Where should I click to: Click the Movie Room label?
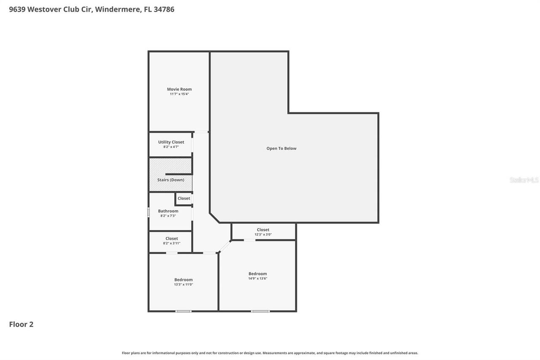(179, 89)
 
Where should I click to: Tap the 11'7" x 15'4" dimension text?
(179, 94)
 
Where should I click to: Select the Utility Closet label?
(171, 142)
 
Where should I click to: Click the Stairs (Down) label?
(171, 180)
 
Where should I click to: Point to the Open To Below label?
(281, 149)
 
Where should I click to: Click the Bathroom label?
(168, 211)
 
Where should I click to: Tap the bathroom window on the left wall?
(148, 212)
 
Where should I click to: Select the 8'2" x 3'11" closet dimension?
(172, 244)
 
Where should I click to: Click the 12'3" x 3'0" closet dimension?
(263, 235)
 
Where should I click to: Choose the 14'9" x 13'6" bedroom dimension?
(257, 279)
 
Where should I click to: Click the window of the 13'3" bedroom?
(184, 311)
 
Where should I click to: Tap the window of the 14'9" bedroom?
(260, 311)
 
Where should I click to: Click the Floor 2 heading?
(21, 324)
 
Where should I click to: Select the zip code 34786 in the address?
(164, 9)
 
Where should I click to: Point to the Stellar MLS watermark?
(524, 180)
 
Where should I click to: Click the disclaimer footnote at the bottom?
(270, 353)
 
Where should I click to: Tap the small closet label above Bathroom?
(184, 198)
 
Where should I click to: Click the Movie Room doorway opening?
(201, 132)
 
